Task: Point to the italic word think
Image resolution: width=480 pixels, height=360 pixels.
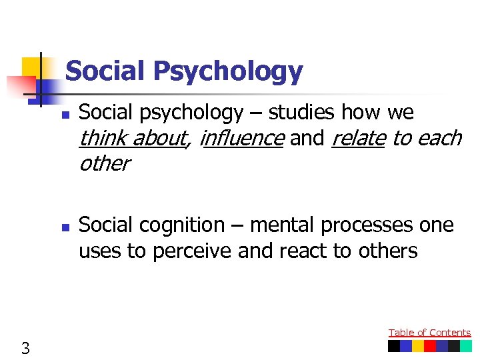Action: [x=104, y=138]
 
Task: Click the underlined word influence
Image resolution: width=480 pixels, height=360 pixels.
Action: [x=242, y=138]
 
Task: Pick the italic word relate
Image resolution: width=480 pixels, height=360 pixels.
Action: [x=358, y=138]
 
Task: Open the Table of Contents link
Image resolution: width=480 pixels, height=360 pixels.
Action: [x=429, y=333]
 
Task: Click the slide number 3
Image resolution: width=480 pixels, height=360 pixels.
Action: [x=25, y=347]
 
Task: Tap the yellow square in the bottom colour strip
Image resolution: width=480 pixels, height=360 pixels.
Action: [x=418, y=347]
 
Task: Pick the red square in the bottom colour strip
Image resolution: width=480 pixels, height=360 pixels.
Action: [x=430, y=347]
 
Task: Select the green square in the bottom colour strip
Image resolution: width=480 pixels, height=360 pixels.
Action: [x=466, y=347]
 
